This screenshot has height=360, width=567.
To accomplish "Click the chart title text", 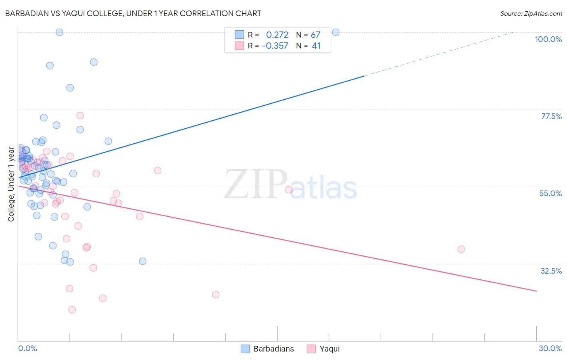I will tap(133, 13).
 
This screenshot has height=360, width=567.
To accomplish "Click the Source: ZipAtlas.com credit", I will tap(531, 13).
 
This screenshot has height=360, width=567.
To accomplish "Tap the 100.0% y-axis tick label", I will tap(548, 39).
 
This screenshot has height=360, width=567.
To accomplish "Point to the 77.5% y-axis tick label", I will tap(551, 116).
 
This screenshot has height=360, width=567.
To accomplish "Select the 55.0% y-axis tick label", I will tap(550, 193).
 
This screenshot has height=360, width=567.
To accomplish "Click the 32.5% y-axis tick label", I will tap(551, 271).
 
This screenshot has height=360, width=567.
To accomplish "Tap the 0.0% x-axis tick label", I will tap(27, 348).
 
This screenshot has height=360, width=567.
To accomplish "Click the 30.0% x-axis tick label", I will tap(550, 348).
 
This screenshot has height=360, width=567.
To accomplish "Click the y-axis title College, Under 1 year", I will tap(11, 184).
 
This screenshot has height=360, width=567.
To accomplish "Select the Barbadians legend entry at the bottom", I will tap(268, 349).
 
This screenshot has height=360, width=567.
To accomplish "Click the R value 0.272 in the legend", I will tap(277, 35).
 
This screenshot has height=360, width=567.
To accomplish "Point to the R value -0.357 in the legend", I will tap(275, 46).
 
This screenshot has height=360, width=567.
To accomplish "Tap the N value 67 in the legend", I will tap(315, 35).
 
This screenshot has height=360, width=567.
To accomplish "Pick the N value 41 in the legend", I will tap(316, 46).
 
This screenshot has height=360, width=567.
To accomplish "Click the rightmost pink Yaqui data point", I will tap(461, 249).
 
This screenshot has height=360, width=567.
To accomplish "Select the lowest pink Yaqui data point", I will tap(72, 310).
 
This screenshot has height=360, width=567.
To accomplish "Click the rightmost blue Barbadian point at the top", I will tap(336, 32).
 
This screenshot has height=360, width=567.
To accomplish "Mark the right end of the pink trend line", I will tap(536, 291).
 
